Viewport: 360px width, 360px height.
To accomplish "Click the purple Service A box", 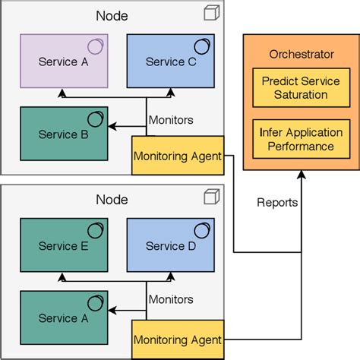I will click(x=64, y=62).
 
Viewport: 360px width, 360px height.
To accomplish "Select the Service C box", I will click(x=170, y=62).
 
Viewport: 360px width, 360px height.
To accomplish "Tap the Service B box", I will click(x=64, y=134).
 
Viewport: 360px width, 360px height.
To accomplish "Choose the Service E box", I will click(x=64, y=245).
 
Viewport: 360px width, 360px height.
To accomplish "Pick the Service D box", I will click(x=170, y=245).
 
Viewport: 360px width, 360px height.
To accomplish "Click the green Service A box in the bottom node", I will click(x=64, y=317).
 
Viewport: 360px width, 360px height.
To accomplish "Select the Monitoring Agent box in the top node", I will click(x=178, y=156).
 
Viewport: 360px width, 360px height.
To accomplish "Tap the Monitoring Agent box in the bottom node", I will click(x=178, y=339).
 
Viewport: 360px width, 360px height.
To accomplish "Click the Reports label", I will click(x=277, y=203).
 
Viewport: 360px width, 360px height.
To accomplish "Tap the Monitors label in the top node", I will click(x=171, y=120).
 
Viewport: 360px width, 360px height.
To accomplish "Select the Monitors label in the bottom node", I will click(x=171, y=300).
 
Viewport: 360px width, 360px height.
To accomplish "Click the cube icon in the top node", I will click(x=211, y=14).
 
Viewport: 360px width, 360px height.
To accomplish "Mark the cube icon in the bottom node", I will click(x=211, y=197).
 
